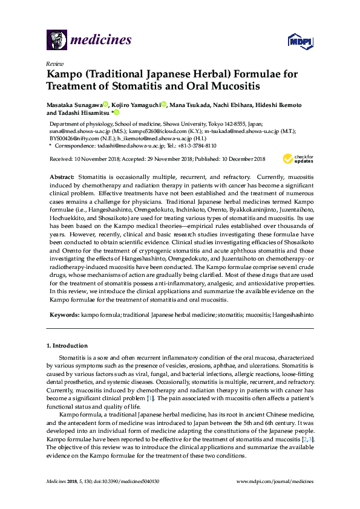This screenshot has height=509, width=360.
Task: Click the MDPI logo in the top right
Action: click(x=300, y=41)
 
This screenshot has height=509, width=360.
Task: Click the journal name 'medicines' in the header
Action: click(x=102, y=41)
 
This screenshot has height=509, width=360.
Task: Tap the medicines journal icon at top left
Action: click(x=56, y=40)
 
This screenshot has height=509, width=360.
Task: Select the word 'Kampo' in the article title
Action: click(x=64, y=74)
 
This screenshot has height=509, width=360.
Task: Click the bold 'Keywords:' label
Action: click(x=64, y=316)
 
